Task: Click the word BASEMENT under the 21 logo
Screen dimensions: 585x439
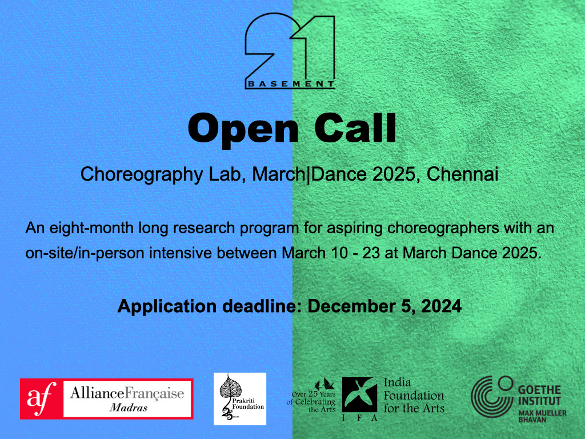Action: tap(291, 84)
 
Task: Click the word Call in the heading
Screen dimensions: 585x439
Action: tap(355, 127)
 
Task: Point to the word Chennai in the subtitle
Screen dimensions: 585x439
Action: tap(462, 174)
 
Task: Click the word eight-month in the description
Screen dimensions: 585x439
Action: tap(91, 228)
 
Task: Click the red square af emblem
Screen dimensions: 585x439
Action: tap(41, 398)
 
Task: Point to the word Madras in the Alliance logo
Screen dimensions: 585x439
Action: tap(129, 408)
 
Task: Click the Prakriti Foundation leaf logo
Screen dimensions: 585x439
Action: tap(239, 398)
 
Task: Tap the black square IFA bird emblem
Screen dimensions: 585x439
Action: tap(359, 394)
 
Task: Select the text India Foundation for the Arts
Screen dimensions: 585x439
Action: tap(414, 396)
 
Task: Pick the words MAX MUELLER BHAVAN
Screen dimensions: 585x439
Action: tap(542, 416)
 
